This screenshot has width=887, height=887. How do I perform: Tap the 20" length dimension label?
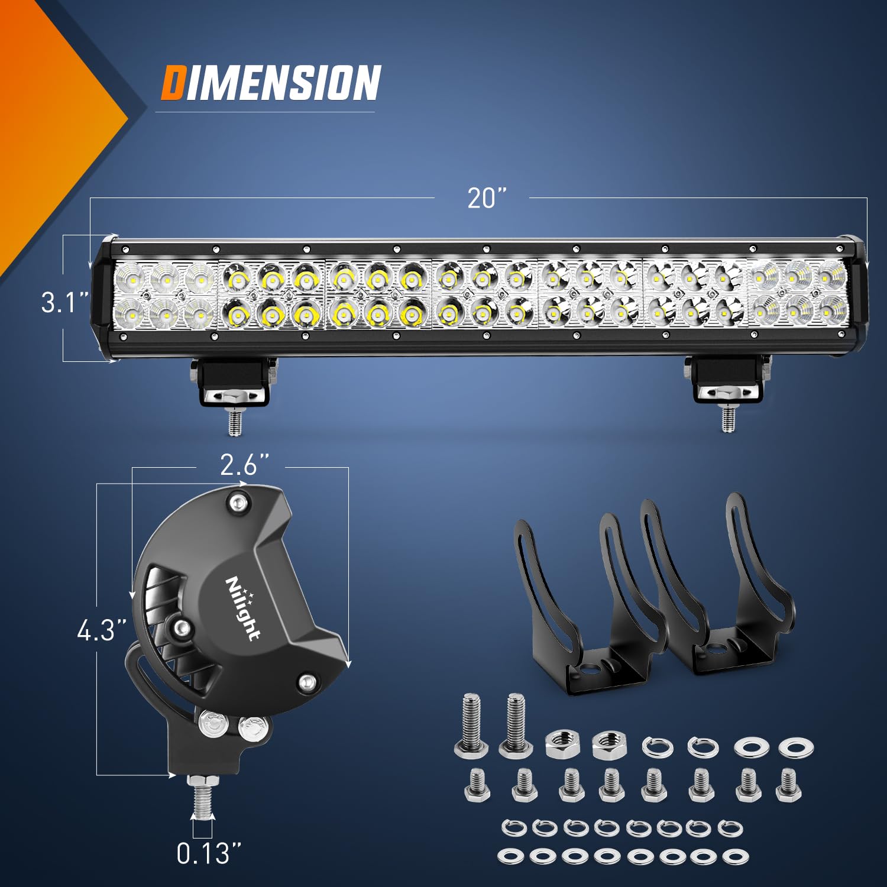tap(487, 198)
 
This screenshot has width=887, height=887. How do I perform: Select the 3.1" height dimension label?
tap(64, 302)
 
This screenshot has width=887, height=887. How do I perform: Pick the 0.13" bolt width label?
tap(209, 853)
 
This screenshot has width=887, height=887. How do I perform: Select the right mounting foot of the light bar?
tap(728, 381)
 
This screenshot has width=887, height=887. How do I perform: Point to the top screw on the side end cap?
tap(238, 503)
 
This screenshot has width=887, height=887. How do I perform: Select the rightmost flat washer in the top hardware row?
tap(796, 748)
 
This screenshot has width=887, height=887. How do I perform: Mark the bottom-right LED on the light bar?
tap(833, 309)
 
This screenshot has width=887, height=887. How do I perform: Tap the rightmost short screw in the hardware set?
tap(788, 785)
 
